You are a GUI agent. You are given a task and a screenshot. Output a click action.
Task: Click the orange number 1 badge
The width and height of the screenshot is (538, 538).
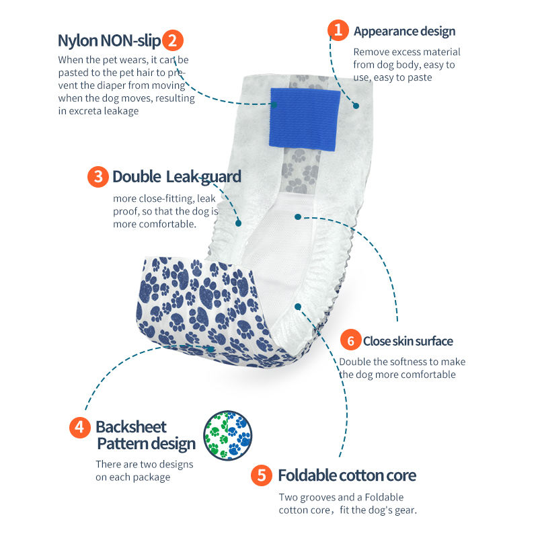pyautogui.click(x=338, y=30)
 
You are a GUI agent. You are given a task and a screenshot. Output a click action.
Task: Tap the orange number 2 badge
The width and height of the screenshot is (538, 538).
pyautogui.click(x=173, y=40)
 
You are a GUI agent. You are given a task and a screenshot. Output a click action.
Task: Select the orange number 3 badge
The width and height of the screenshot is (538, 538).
pyautogui.click(x=98, y=177)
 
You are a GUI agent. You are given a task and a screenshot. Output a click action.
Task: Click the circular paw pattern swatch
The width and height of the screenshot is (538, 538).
pyautogui.click(x=227, y=435)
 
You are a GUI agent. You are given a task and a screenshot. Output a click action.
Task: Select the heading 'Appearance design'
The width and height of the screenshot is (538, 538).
pyautogui.click(x=404, y=31)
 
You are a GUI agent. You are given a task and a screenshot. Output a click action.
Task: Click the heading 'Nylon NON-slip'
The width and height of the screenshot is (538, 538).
pyautogui.click(x=109, y=40)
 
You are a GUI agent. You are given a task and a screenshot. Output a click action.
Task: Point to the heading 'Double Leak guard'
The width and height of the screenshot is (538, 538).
pyautogui.click(x=176, y=177)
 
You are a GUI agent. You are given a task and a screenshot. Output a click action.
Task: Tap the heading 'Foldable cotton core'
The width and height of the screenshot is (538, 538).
pyautogui.click(x=347, y=476)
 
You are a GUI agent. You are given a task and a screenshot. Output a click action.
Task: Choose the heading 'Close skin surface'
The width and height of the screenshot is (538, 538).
pyautogui.click(x=408, y=341)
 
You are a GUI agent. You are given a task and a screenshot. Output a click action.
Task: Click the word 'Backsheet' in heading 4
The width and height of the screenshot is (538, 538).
pyautogui.click(x=131, y=427)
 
